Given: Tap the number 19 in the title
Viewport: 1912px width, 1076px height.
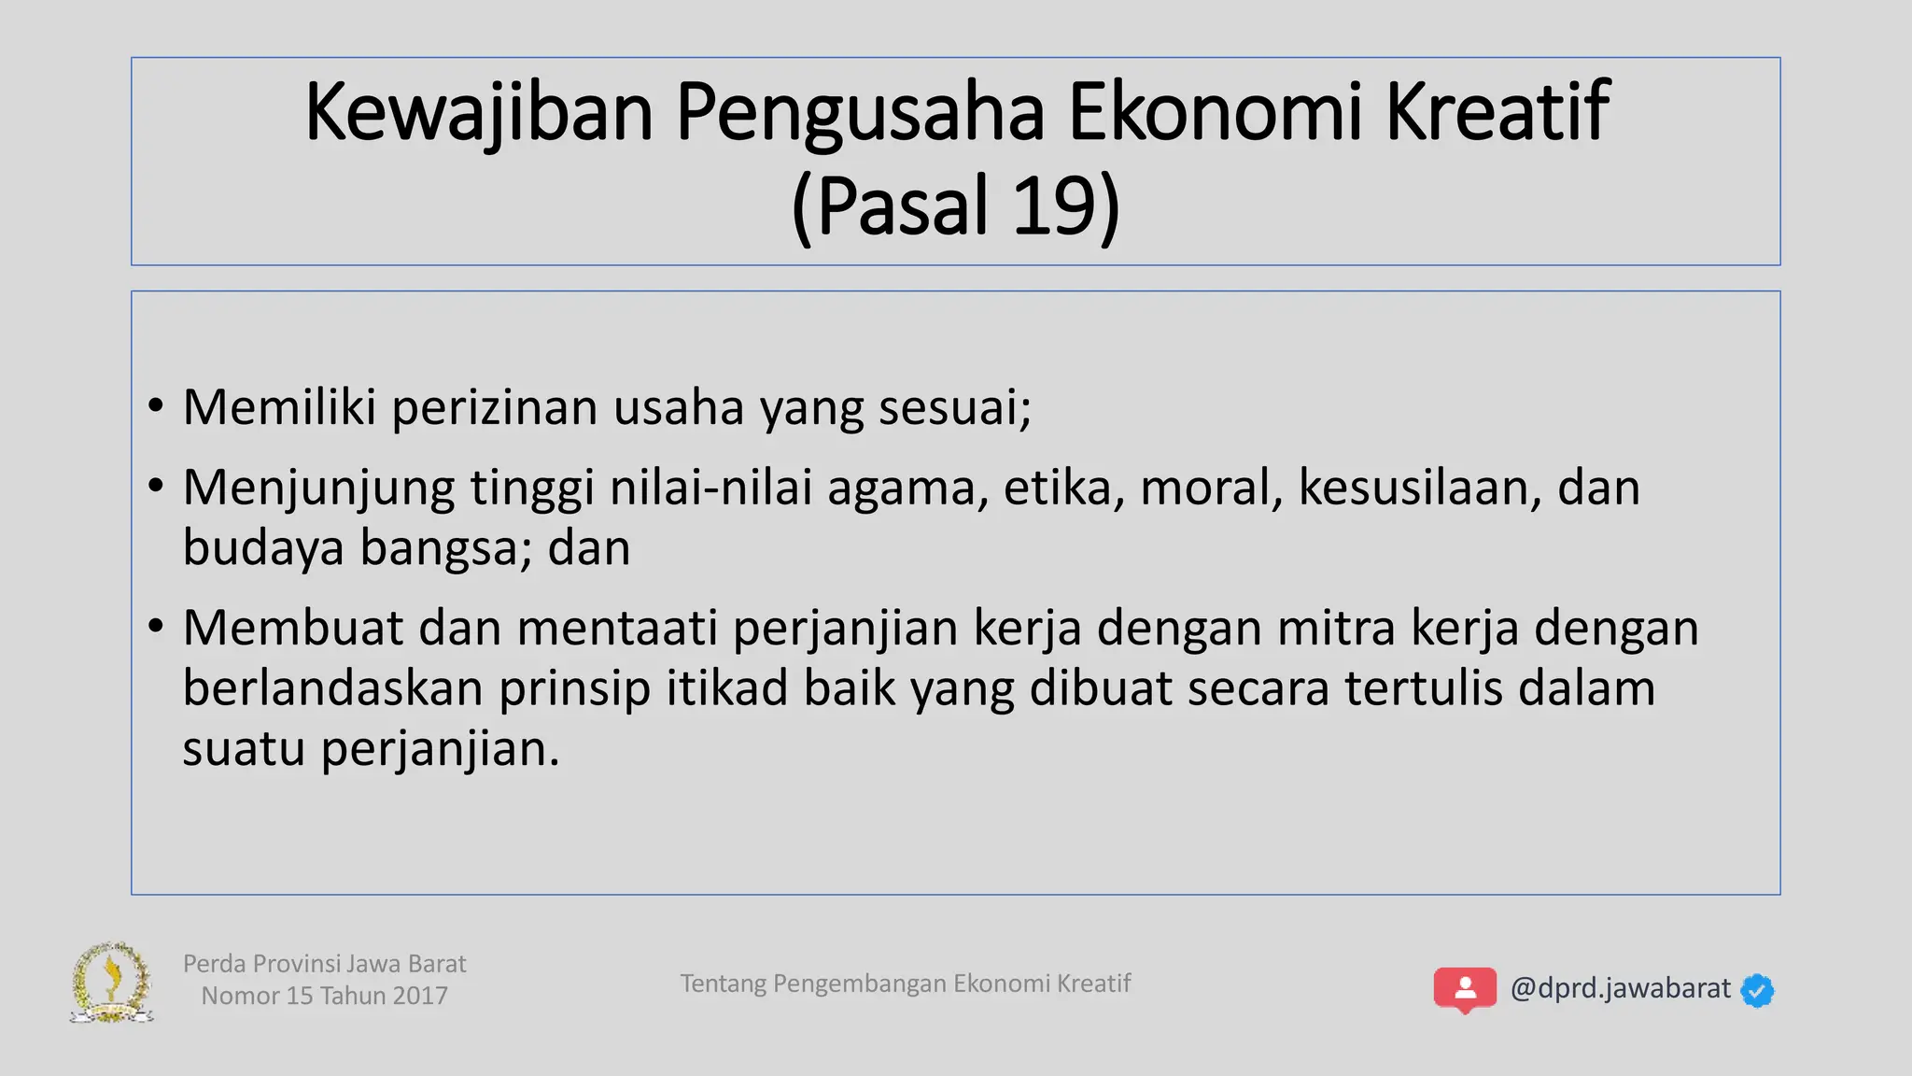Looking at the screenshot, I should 1052,206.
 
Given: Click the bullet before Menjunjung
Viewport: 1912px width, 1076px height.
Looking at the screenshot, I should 156,486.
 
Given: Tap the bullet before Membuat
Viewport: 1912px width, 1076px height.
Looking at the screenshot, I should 156,626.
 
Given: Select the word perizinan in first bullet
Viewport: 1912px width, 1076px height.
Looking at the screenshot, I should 494,408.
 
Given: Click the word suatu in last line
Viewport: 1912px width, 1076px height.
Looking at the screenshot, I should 243,749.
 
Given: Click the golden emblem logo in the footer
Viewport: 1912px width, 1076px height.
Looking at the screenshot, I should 112,983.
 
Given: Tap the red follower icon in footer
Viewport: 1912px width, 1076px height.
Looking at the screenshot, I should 1465,989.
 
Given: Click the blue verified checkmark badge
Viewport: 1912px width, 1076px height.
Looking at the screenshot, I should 1757,990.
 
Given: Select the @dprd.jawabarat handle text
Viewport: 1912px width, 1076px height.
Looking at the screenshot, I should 1620,988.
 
